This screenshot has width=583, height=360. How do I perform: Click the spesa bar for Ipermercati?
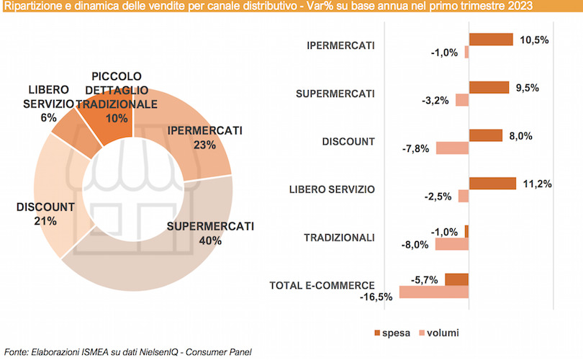coord(490,40)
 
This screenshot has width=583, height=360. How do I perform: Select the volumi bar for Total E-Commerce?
coord(433,292)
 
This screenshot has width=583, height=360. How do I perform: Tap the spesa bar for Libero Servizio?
coord(492,184)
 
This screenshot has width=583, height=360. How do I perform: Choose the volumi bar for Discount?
coord(452,148)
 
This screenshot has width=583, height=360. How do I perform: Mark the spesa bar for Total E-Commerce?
coord(456,279)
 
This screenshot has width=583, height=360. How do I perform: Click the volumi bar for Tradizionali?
coord(452,244)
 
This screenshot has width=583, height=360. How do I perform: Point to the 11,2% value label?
coord(537,184)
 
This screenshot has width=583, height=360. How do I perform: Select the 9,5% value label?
coord(527,88)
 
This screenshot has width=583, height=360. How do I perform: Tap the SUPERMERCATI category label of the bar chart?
coord(335,94)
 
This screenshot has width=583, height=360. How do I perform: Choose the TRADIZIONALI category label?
coord(340,238)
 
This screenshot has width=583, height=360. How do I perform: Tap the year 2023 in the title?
coord(520,7)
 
